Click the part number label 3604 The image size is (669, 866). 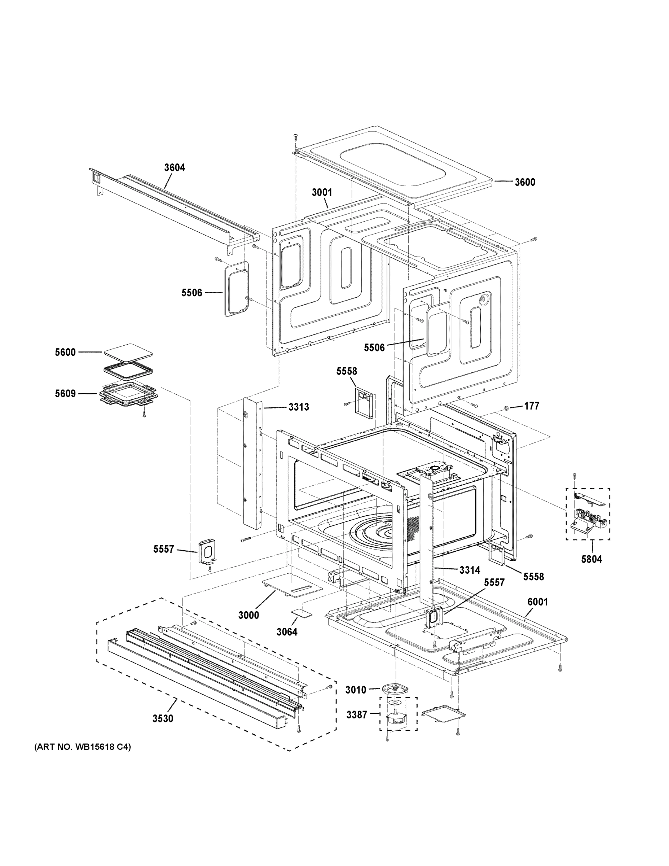click(x=175, y=168)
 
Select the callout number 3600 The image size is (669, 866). click(x=525, y=182)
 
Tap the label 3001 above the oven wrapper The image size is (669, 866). click(x=322, y=193)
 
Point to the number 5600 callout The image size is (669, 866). click(x=65, y=352)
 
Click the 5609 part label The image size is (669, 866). click(x=65, y=394)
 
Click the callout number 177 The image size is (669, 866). click(x=532, y=406)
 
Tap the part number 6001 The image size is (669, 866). click(x=537, y=602)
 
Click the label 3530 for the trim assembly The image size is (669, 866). click(x=163, y=718)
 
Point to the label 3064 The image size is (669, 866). click(x=287, y=632)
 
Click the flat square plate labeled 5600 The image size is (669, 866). click(x=128, y=353)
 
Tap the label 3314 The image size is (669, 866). click(x=470, y=570)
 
